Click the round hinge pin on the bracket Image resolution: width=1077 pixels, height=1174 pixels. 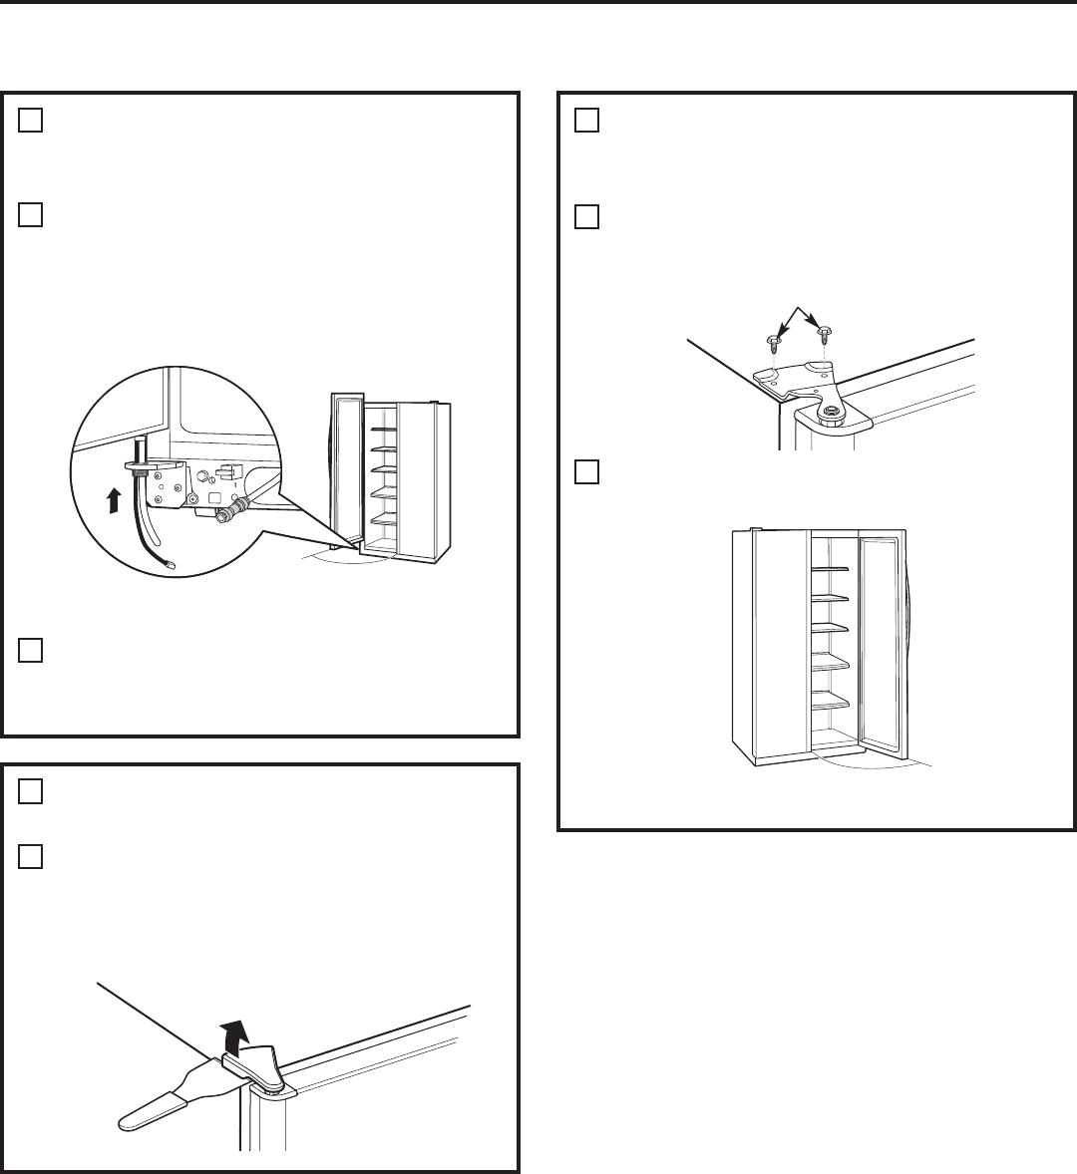tap(829, 409)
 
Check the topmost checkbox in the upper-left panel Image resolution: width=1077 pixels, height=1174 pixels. tap(30, 120)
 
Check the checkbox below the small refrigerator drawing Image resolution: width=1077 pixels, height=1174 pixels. tap(30, 650)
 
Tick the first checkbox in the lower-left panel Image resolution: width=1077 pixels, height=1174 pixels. tap(30, 791)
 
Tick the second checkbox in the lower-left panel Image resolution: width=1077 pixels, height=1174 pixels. tap(30, 857)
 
